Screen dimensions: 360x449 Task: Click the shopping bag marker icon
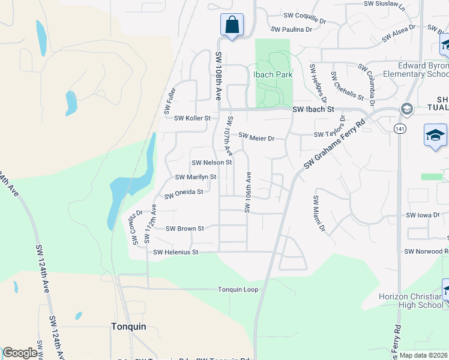pyautogui.click(x=232, y=26)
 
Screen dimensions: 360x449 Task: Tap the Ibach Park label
pyautogui.click(x=272, y=75)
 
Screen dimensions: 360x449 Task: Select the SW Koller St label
pyautogui.click(x=192, y=118)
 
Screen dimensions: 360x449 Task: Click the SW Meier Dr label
pyautogui.click(x=256, y=137)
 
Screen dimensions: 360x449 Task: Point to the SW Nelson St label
pyautogui.click(x=211, y=163)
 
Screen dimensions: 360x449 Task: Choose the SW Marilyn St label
pyautogui.click(x=196, y=177)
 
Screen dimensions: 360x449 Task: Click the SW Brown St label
pyautogui.click(x=185, y=229)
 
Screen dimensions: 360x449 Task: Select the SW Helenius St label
pyautogui.click(x=176, y=253)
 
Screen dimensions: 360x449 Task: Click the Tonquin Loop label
pyautogui.click(x=238, y=290)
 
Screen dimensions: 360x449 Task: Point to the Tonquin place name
pyautogui.click(x=128, y=326)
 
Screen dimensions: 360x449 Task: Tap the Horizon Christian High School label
pyautogui.click(x=411, y=301)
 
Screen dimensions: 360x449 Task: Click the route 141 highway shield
pyautogui.click(x=399, y=128)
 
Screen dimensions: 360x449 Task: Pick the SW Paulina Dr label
pyautogui.click(x=292, y=29)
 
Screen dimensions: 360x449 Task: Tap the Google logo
pyautogui.click(x=20, y=353)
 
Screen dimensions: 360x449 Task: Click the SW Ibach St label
pyautogui.click(x=313, y=110)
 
